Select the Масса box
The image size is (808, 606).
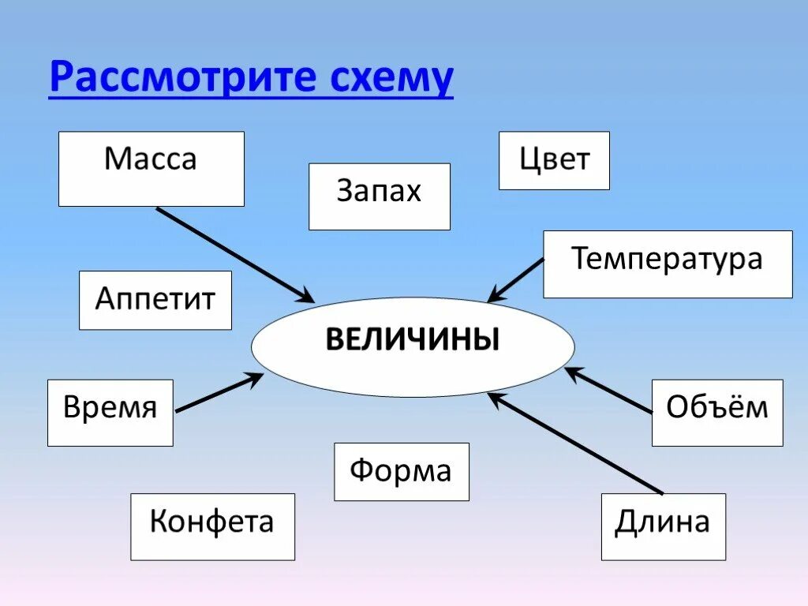[151, 169]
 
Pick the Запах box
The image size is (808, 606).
[379, 196]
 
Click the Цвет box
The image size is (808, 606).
[554, 160]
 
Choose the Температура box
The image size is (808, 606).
[668, 264]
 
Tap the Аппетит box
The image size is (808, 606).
[155, 300]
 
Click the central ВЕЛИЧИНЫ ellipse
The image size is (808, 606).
[413, 346]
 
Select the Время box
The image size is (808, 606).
[110, 413]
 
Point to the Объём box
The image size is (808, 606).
[717, 413]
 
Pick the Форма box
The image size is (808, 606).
[401, 472]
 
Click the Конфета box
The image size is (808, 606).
[212, 526]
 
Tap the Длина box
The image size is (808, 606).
[663, 526]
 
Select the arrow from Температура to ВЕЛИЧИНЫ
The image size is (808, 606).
[517, 279]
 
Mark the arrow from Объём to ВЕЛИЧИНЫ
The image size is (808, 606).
[609, 390]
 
